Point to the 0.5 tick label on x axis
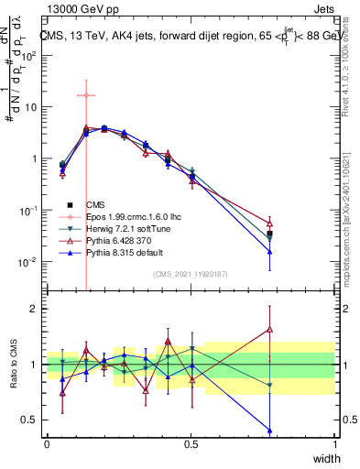pyautogui.click(x=191, y=444)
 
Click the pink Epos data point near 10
pyautogui.click(x=85, y=95)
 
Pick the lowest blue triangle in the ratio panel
pyautogui.click(x=269, y=430)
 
